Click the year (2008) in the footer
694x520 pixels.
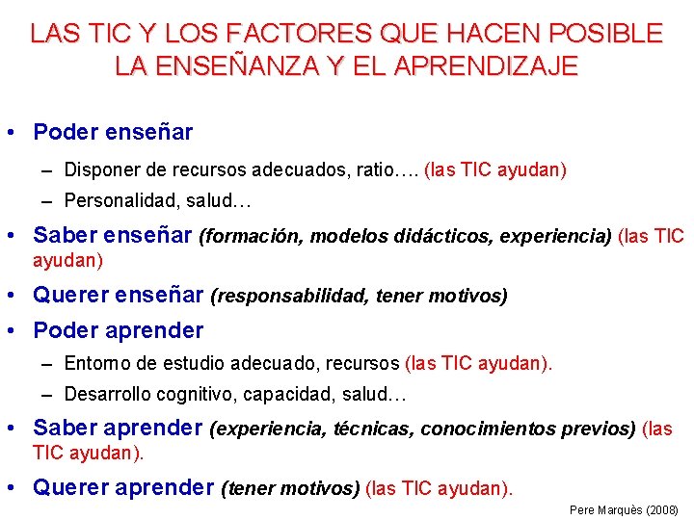[660, 509]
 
